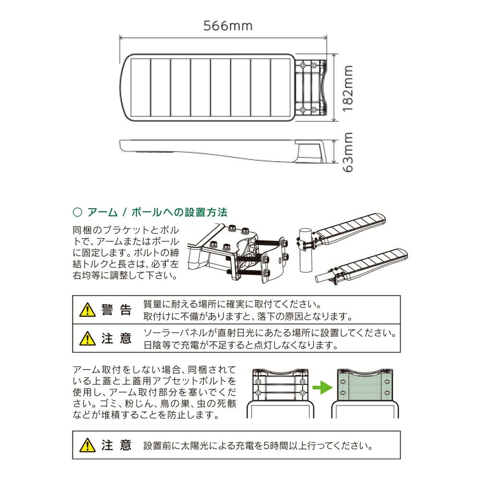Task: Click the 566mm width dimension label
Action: click(x=228, y=25)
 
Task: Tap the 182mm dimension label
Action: click(x=348, y=89)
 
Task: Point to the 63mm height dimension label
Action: click(x=348, y=152)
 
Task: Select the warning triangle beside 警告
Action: click(x=87, y=310)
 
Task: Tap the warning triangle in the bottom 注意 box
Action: click(x=87, y=445)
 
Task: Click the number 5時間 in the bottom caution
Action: click(x=280, y=445)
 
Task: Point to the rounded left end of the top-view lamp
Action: click(x=126, y=89)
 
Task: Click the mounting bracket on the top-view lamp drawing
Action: click(x=310, y=87)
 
